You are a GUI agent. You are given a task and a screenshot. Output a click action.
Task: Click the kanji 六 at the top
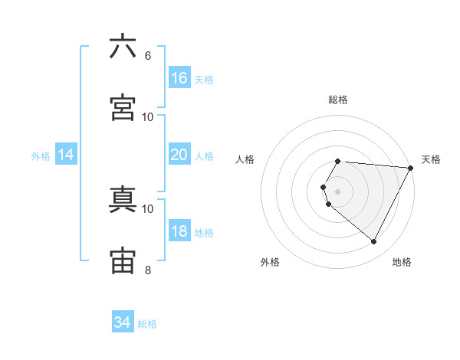123,47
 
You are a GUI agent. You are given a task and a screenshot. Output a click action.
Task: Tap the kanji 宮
123,108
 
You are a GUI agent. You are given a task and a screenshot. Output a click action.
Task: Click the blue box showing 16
179,78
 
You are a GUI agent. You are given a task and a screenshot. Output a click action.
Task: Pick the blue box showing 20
179,155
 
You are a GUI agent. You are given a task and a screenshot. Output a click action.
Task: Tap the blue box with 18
179,231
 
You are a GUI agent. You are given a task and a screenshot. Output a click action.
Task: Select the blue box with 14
66,155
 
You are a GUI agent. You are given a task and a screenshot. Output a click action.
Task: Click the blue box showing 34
122,322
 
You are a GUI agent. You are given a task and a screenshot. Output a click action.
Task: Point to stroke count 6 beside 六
148,56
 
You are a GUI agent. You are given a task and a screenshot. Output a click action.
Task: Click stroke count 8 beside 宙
148,270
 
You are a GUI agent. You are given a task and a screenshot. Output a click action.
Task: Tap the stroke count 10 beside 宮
148,116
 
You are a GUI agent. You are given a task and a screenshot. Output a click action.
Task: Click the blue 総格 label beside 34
147,324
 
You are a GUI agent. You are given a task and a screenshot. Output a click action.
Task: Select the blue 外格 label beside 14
41,156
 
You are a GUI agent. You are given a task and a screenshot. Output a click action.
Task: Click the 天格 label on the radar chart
431,159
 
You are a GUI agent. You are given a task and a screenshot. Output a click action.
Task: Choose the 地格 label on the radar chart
402,262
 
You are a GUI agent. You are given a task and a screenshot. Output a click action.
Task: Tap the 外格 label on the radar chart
270,262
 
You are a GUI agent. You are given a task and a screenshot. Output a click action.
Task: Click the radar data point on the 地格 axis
374,241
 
